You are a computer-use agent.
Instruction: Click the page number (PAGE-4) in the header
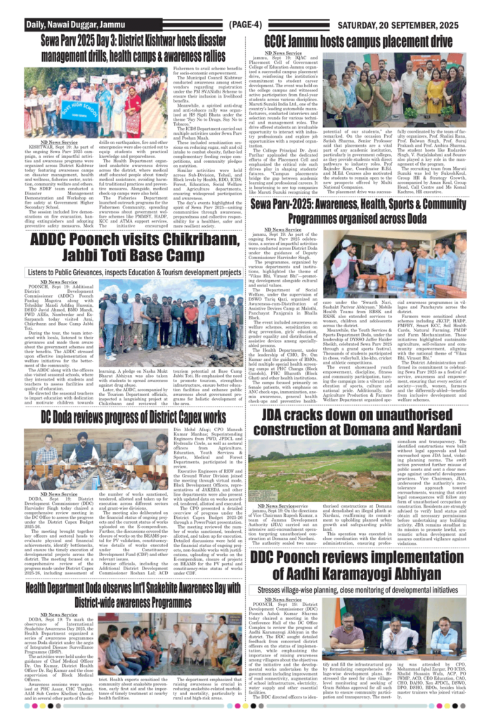click(x=245, y=25)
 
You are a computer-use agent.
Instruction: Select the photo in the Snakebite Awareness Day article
click(x=190, y=636)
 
